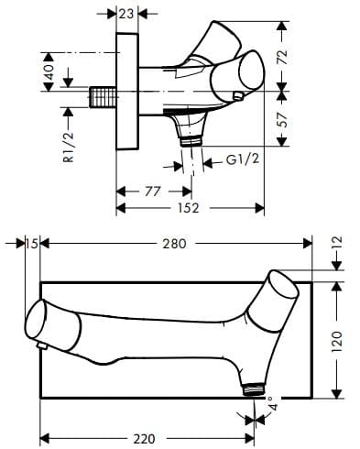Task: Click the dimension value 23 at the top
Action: click(x=125, y=14)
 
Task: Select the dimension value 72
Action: click(x=282, y=57)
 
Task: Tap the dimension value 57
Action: click(x=282, y=120)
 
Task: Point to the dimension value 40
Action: click(x=49, y=71)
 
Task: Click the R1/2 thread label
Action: click(x=69, y=147)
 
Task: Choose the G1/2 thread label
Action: click(x=243, y=159)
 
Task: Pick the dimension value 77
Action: click(x=153, y=192)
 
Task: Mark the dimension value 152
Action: click(x=188, y=208)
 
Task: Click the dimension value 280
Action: click(x=174, y=244)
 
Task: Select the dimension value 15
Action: click(x=32, y=244)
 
